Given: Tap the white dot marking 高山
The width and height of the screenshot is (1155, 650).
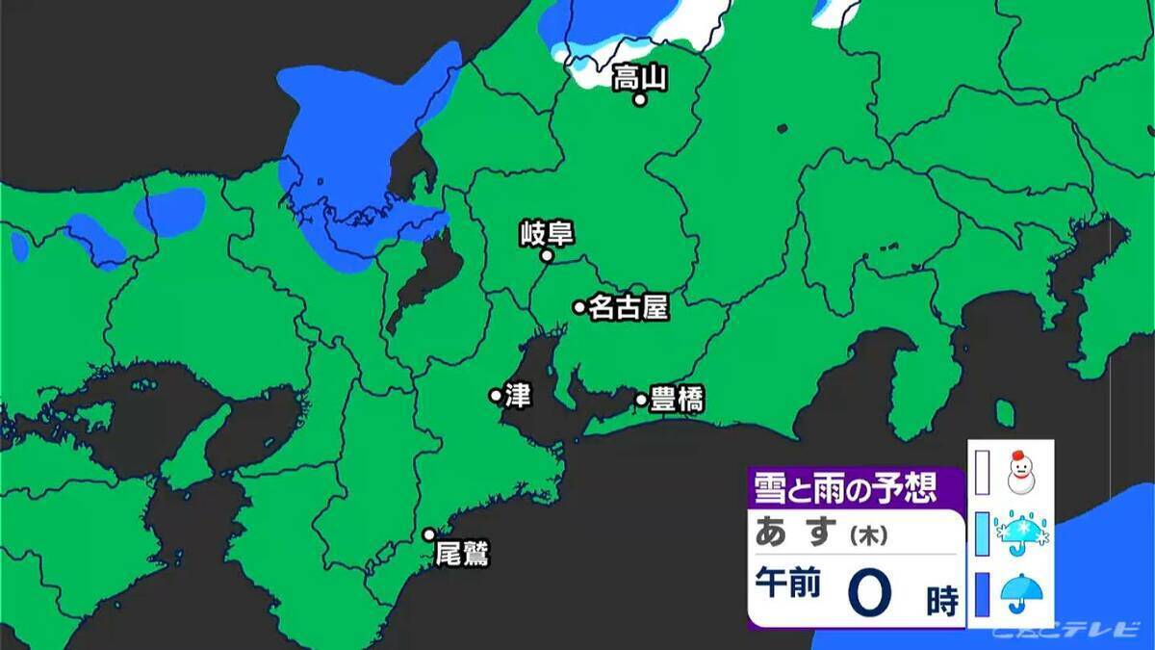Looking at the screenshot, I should click(639, 99).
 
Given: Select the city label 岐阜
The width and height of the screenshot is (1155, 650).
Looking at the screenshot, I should click(546, 233).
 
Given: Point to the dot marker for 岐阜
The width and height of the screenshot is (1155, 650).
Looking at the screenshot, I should click(546, 256).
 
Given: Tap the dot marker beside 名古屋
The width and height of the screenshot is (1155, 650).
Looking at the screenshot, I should click(579, 307).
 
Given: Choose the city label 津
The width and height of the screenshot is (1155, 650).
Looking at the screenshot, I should click(518, 395).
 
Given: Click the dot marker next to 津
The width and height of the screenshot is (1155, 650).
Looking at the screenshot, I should click(496, 395).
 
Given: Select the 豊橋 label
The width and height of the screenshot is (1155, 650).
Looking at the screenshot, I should click(677, 399).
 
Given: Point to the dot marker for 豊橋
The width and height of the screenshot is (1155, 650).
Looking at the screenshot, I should click(641, 399).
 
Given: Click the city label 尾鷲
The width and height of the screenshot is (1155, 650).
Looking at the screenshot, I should click(463, 555).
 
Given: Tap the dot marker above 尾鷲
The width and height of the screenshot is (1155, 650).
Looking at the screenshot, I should click(429, 534).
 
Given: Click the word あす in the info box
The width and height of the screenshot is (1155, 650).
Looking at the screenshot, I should click(793, 532).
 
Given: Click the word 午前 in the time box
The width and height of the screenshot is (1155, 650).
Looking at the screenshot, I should click(788, 585).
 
